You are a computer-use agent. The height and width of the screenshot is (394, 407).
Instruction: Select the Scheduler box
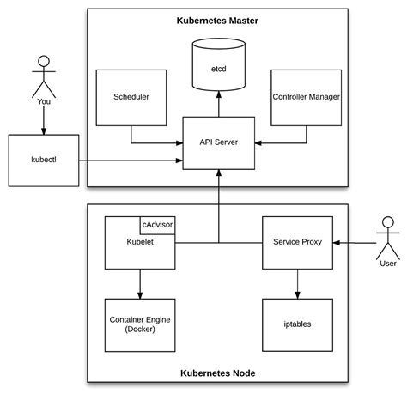click(131, 97)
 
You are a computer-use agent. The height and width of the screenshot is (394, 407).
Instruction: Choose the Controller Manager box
click(306, 97)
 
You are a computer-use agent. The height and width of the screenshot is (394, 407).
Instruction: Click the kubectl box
click(45, 160)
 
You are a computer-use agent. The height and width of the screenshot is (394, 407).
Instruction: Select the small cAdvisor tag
click(158, 225)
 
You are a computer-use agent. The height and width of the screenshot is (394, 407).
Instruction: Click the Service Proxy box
click(296, 243)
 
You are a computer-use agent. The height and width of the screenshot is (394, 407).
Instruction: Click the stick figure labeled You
click(45, 78)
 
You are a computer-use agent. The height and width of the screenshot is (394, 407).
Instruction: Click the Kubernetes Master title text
click(218, 19)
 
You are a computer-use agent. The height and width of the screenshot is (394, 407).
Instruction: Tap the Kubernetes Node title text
click(218, 373)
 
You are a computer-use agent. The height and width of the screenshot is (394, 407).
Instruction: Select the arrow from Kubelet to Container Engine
click(139, 282)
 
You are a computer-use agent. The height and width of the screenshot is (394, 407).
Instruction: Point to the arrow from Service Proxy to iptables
click(296, 282)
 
